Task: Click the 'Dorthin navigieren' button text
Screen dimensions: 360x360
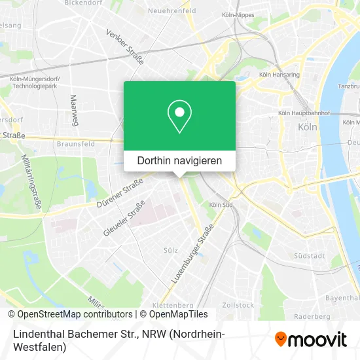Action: [179, 160]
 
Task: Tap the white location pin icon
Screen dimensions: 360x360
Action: [179, 117]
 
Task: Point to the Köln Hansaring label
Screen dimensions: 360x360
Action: [280, 75]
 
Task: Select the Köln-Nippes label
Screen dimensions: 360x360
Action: [238, 14]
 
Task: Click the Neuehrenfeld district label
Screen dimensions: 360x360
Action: [173, 12]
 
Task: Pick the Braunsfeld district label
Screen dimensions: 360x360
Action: [76, 143]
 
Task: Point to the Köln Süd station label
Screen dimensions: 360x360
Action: [220, 205]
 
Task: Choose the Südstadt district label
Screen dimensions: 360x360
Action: [310, 255]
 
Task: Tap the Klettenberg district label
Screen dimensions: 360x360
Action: [173, 304]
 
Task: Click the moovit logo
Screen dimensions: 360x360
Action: [312, 338]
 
